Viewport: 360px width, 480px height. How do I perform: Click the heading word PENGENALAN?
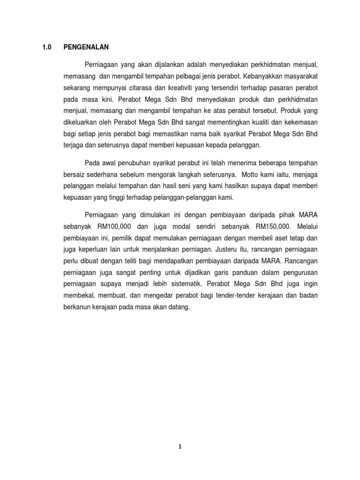(x=86, y=47)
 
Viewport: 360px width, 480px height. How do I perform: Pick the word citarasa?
(x=155, y=88)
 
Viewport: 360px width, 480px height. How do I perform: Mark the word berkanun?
(x=76, y=307)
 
